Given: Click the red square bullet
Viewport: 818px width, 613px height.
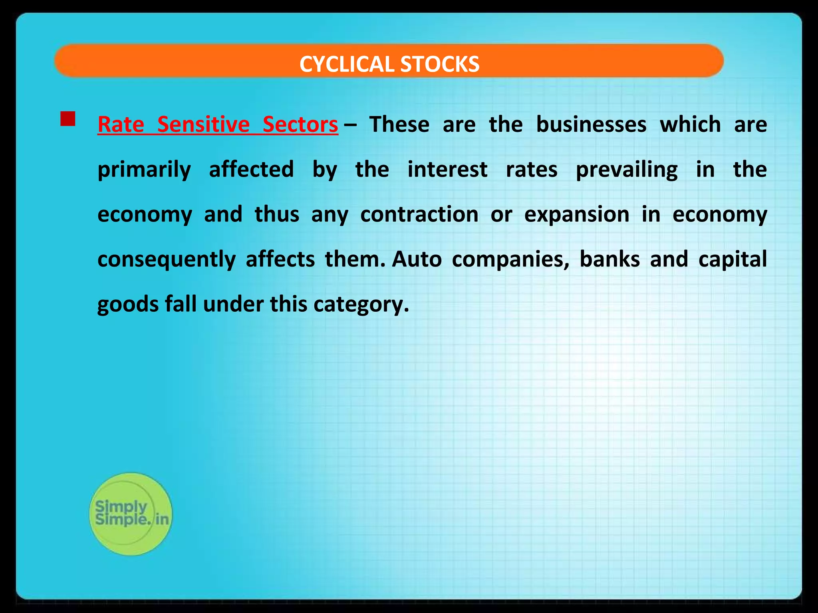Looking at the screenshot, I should point(68,119).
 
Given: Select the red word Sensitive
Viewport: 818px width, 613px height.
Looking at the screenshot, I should point(203,124).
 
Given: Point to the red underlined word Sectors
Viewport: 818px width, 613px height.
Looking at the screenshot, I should point(300,124).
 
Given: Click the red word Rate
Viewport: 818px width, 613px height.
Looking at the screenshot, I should point(121,124).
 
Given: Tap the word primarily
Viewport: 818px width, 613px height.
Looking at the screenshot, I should point(144,170).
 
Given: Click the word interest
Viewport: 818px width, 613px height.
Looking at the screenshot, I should point(447,169).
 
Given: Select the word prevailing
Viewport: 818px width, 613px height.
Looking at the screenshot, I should point(627,170).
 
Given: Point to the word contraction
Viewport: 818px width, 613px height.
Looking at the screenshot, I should point(419,214).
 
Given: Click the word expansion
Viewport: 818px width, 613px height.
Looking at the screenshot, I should point(577,215).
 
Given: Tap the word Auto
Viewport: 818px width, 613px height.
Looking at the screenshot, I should point(417,259).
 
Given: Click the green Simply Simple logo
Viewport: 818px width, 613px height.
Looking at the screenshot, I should point(131,514).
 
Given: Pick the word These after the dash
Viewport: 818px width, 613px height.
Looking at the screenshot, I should point(399,124).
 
